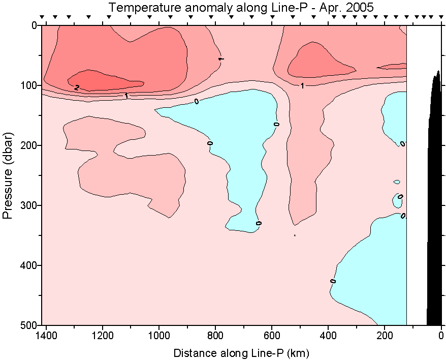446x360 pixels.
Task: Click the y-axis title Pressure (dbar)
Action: (7, 175)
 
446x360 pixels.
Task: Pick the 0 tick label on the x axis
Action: (441, 336)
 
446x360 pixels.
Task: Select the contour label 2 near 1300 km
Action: (77, 88)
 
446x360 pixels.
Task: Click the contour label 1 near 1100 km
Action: (126, 95)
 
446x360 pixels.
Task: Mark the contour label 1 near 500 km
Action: (302, 86)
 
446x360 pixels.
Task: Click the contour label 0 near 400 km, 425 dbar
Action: (333, 281)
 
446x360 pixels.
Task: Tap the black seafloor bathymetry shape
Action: (434, 203)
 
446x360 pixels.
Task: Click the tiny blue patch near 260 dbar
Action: (397, 182)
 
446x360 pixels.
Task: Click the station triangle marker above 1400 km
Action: (42, 17)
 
